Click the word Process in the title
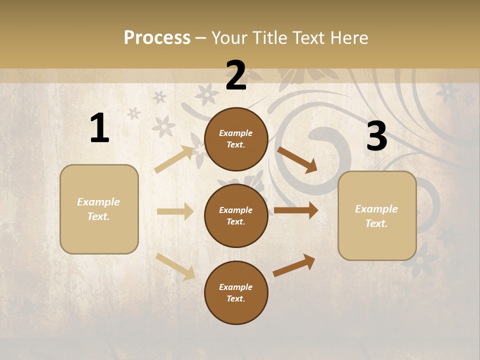point(157,37)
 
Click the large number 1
point(99,128)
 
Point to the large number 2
point(236,75)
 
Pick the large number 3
point(376,137)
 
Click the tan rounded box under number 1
point(99,209)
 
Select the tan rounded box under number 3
point(377,216)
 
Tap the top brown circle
point(236,139)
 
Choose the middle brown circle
point(236,216)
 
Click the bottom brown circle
point(236,293)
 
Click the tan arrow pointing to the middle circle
point(175,211)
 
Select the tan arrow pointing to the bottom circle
point(175,266)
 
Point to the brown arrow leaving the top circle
point(297,159)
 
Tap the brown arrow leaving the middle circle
point(296,210)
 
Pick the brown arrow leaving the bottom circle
point(294,265)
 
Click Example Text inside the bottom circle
point(236,293)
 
